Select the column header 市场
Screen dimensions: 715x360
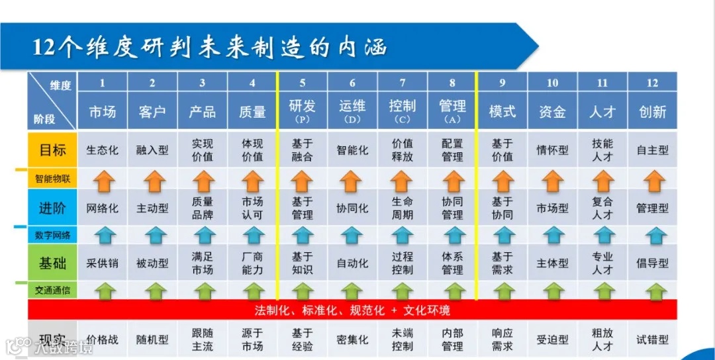tap(103, 111)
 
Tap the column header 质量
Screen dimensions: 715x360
tap(252, 111)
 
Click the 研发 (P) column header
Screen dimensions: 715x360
tap(303, 111)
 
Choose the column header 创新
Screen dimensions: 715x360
tap(652, 111)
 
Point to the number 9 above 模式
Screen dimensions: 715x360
tap(502, 83)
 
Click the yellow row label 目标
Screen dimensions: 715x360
tap(52, 150)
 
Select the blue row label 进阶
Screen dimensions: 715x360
tap(52, 208)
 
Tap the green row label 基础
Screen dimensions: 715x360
tap(52, 263)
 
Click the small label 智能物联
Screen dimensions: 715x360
tap(52, 179)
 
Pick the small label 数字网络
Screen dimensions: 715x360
tap(52, 234)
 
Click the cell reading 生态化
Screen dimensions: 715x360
tap(103, 150)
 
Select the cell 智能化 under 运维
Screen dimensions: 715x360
tap(352, 150)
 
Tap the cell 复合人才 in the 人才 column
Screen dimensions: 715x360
tap(602, 208)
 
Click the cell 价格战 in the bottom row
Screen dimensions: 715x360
tap(103, 339)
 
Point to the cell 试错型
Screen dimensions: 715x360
tap(652, 339)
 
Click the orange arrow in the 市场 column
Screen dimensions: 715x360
tap(103, 180)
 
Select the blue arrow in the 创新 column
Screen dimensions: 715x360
tap(652, 235)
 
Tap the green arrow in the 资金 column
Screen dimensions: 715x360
tap(552, 291)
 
